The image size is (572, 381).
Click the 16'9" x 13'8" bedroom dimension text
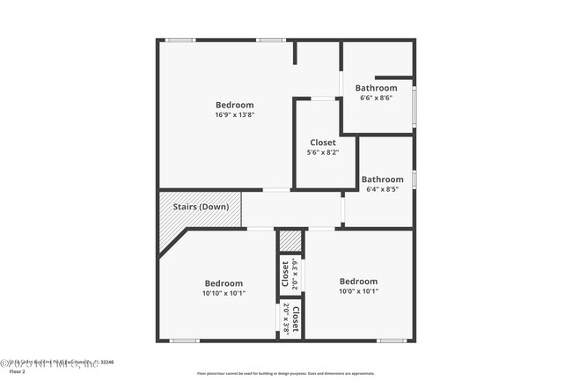234,115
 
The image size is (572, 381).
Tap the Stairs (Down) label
201,207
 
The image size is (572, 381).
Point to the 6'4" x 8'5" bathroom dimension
382,188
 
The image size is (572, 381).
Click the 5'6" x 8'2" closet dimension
323,152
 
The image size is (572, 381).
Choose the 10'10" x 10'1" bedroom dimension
224,293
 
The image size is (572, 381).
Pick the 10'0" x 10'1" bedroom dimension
358,291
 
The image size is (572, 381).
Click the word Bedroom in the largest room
234,105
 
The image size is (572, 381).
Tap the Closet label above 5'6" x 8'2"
323,143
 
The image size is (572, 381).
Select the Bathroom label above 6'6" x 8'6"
376,88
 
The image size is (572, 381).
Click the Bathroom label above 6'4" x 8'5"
382,179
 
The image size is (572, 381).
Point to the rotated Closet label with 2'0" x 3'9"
285,274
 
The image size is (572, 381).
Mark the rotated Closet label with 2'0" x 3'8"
297,319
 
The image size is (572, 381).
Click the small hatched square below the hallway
290,241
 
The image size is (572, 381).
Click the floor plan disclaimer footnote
286,373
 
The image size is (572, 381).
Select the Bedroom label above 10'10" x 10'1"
224,283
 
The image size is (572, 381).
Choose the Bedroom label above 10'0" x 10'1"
358,282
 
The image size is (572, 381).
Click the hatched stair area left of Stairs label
167,220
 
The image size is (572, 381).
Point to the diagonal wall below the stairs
173,243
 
